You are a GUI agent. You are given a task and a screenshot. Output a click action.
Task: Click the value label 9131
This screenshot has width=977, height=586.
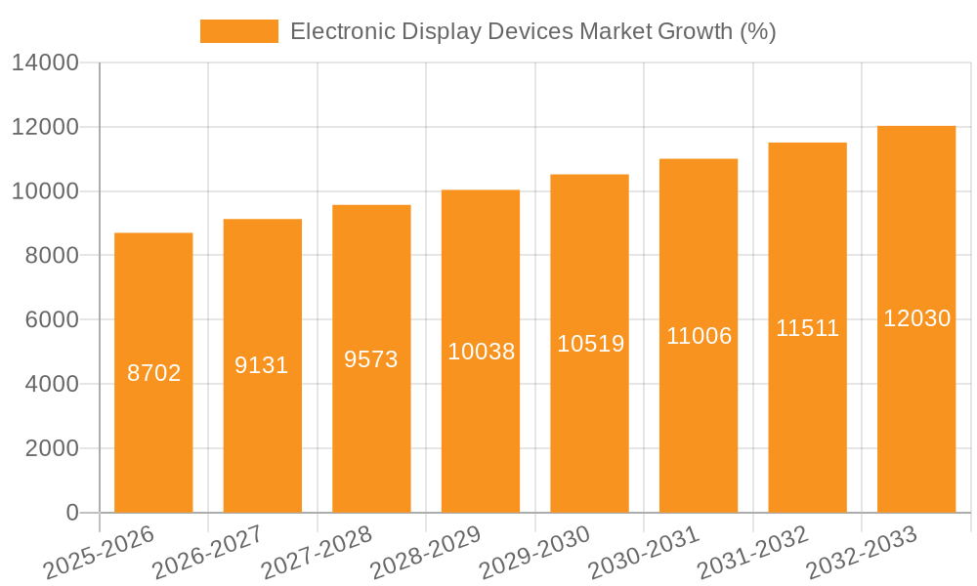(262, 365)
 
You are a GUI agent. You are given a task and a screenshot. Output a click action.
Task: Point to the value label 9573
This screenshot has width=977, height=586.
(371, 358)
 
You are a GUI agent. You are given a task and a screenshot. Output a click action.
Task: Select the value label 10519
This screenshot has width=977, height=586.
(590, 344)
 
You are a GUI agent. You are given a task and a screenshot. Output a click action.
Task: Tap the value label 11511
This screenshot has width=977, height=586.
(808, 328)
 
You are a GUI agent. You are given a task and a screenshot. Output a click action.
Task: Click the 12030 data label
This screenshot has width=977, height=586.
(916, 318)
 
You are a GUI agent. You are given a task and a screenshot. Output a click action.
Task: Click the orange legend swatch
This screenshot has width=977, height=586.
(239, 31)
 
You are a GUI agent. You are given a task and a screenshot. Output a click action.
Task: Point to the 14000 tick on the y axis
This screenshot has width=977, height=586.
(45, 63)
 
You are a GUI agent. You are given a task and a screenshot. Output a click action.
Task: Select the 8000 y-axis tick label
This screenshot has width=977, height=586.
(51, 256)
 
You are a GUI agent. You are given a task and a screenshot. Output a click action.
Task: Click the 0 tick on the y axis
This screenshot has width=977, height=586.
(72, 513)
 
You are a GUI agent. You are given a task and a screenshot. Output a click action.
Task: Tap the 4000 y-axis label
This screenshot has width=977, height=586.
(51, 385)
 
